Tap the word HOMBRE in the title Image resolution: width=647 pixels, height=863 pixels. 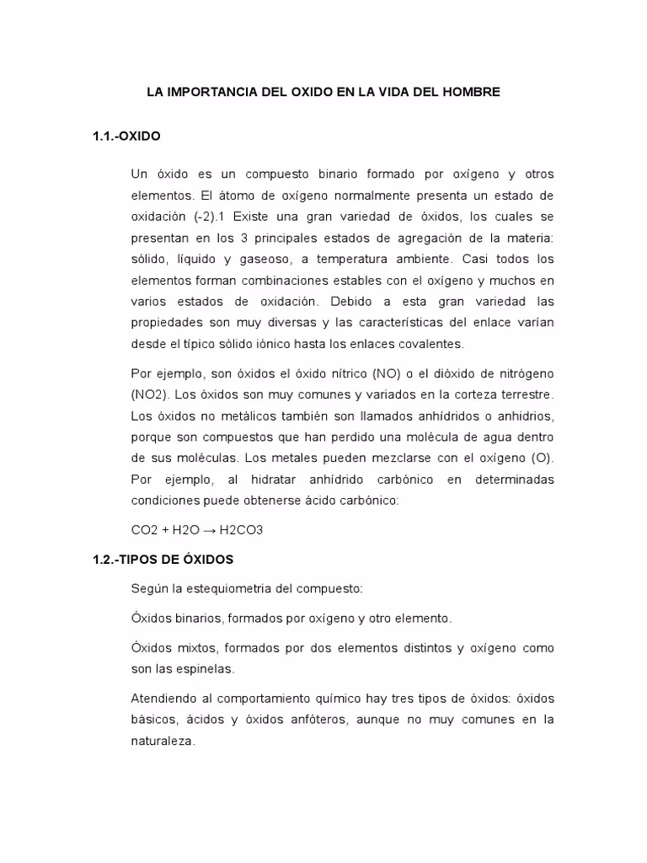(x=469, y=92)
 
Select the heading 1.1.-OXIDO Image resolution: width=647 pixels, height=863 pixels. (x=126, y=135)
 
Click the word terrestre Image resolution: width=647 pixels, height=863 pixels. (x=525, y=394)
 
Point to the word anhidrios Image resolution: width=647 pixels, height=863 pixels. (x=524, y=415)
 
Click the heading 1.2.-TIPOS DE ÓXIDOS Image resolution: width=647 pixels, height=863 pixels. (x=163, y=559)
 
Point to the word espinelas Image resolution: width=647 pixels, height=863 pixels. (x=205, y=669)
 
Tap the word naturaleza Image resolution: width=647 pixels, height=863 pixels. (x=163, y=741)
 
